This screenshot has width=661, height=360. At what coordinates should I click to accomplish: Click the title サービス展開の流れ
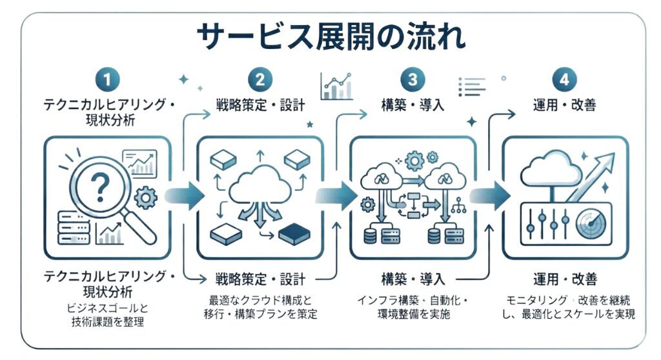coord(331,37)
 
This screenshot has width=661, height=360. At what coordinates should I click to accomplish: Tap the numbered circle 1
coord(107,79)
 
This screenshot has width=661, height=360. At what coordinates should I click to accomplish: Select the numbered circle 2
coord(260,79)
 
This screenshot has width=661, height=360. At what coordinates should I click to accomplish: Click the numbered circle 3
coord(412,79)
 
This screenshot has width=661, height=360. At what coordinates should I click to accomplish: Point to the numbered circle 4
coord(564,79)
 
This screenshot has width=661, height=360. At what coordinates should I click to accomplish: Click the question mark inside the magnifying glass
coord(100,187)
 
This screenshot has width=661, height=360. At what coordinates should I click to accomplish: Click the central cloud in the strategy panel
coord(260,185)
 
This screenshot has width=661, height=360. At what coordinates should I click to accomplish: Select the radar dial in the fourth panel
coord(591,223)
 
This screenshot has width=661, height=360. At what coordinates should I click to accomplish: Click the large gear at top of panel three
coord(414,160)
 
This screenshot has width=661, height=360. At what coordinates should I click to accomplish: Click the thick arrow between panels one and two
coord(185,195)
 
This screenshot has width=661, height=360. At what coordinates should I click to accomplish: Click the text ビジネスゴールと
coord(108,308)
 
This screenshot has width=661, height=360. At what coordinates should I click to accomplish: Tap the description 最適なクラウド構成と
coord(260,300)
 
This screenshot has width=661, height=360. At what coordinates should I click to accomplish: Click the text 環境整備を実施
coord(414,314)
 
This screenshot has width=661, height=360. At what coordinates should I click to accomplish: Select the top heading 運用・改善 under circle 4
coord(564,105)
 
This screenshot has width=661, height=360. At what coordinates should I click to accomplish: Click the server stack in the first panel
coord(74,228)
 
